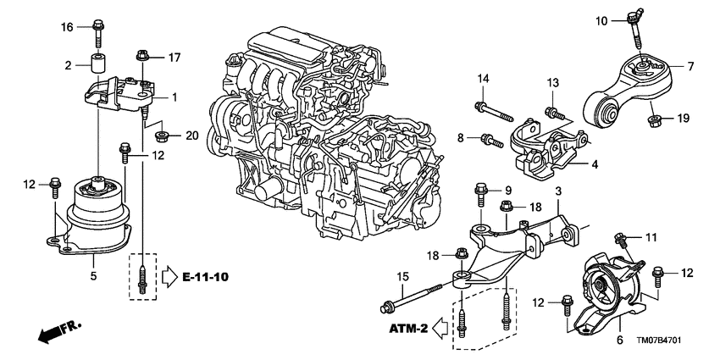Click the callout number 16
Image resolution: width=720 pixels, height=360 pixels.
coord(67,28)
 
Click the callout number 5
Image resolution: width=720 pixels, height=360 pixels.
coord(93,276)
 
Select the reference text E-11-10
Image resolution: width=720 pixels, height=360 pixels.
coord(202,276)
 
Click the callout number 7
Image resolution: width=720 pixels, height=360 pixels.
coord(690,65)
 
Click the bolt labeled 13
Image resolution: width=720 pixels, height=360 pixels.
coord(552,111)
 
